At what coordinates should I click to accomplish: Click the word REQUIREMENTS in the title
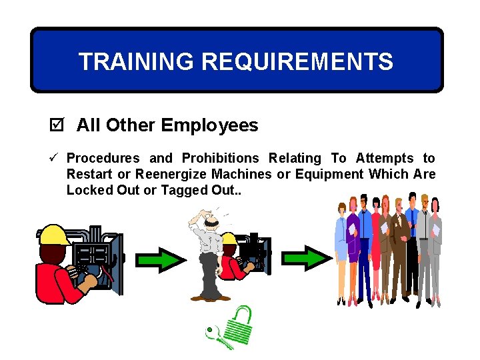pos(297,62)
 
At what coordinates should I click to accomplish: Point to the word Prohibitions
pos(220,158)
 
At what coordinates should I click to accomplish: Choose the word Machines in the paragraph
pos(241,174)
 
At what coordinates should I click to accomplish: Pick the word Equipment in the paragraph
pos(330,174)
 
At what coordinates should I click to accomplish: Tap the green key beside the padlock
pos(217,337)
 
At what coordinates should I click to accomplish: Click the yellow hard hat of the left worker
pos(57,233)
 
